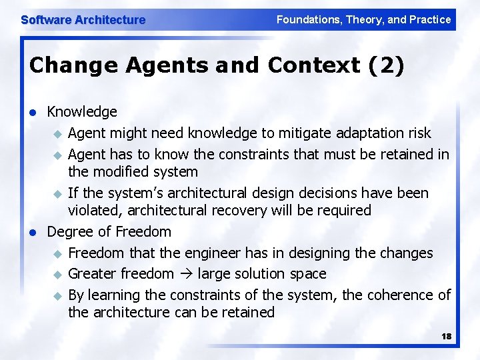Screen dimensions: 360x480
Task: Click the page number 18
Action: coord(446,337)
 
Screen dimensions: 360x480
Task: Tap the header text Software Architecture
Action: coord(83,20)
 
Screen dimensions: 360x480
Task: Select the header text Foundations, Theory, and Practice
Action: coord(363,19)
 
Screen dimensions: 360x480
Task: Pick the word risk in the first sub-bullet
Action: coord(418,133)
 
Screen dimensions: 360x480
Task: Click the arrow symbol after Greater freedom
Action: coord(188,274)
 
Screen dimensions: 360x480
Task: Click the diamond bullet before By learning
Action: coord(57,295)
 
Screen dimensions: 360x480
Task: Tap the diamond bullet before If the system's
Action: coord(57,193)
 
